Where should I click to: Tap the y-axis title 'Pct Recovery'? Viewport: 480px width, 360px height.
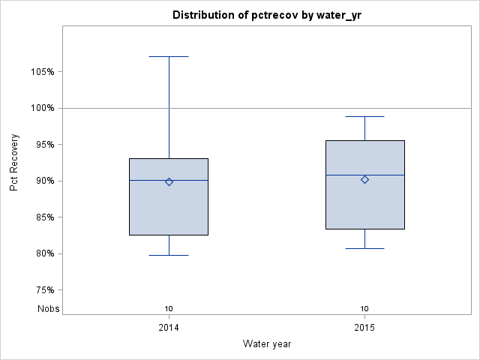tap(15, 163)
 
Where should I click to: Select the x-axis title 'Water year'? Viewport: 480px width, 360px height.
tap(267, 343)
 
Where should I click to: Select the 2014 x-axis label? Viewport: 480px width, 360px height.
tap(169, 328)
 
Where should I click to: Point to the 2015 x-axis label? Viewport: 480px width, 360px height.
tap(364, 328)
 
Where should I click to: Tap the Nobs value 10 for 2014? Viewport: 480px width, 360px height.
tap(169, 308)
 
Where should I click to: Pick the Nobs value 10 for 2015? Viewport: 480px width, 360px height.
tap(364, 308)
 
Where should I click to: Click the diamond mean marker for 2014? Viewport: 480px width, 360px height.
tap(169, 181)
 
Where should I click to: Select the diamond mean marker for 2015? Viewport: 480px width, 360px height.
tap(364, 179)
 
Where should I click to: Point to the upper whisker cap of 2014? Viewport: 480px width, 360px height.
tap(169, 56)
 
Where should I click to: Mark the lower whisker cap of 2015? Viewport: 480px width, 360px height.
tap(364, 248)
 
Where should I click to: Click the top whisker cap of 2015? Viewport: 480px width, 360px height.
tap(364, 116)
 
